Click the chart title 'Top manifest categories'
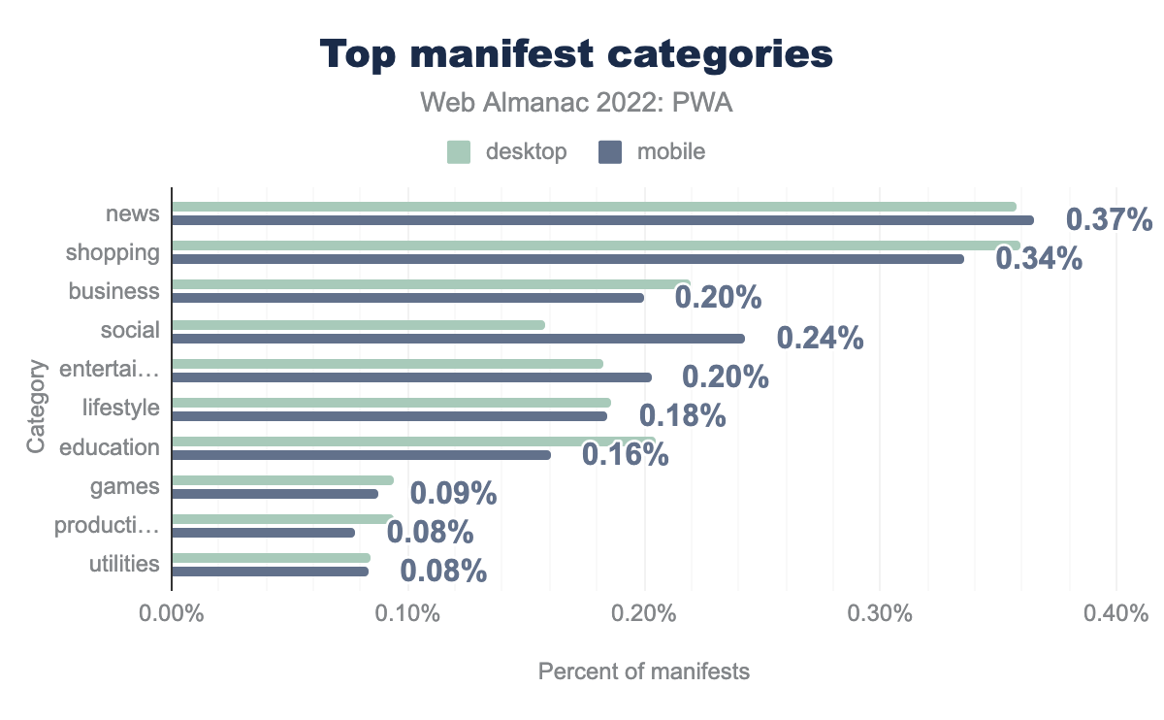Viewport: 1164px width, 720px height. (576, 54)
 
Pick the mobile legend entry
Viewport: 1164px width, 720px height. (652, 151)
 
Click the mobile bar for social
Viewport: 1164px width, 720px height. (458, 339)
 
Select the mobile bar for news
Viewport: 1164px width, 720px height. (602, 220)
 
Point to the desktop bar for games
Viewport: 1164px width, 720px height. (282, 480)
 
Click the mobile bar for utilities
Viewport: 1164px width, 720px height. (270, 572)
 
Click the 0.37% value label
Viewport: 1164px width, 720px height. (1110, 220)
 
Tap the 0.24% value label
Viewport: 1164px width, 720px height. (820, 338)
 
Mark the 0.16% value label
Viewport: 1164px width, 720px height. (625, 454)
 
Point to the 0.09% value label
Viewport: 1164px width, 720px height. (453, 493)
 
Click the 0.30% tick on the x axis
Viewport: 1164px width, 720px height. (879, 615)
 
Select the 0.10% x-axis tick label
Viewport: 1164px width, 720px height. (407, 615)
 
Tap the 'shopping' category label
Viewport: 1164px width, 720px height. (113, 253)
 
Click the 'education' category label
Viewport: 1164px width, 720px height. (110, 447)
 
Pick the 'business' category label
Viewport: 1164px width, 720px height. (114, 291)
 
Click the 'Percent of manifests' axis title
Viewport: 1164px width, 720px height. (644, 671)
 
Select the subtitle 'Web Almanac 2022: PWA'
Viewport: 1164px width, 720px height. (576, 102)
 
